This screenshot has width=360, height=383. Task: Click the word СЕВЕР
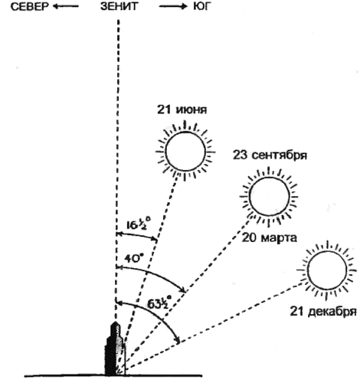29,7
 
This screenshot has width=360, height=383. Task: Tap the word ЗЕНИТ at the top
119,7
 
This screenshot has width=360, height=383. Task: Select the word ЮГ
201,7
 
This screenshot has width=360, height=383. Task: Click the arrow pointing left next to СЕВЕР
66,7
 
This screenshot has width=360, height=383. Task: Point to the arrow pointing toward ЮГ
173,7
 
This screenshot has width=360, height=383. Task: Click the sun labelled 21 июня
185,151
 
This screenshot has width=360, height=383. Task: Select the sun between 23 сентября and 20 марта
269,196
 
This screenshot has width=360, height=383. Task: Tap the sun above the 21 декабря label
327,270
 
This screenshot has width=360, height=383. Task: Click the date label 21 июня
182,110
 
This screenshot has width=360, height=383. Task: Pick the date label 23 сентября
270,155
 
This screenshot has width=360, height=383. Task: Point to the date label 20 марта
270,238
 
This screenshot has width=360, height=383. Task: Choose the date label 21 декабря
323,312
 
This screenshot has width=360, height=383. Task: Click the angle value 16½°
139,224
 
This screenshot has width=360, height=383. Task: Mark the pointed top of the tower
116,322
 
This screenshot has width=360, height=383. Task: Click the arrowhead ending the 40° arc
184,290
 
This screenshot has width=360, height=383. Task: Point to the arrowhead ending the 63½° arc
178,339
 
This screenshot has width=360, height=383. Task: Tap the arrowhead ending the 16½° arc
155,239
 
